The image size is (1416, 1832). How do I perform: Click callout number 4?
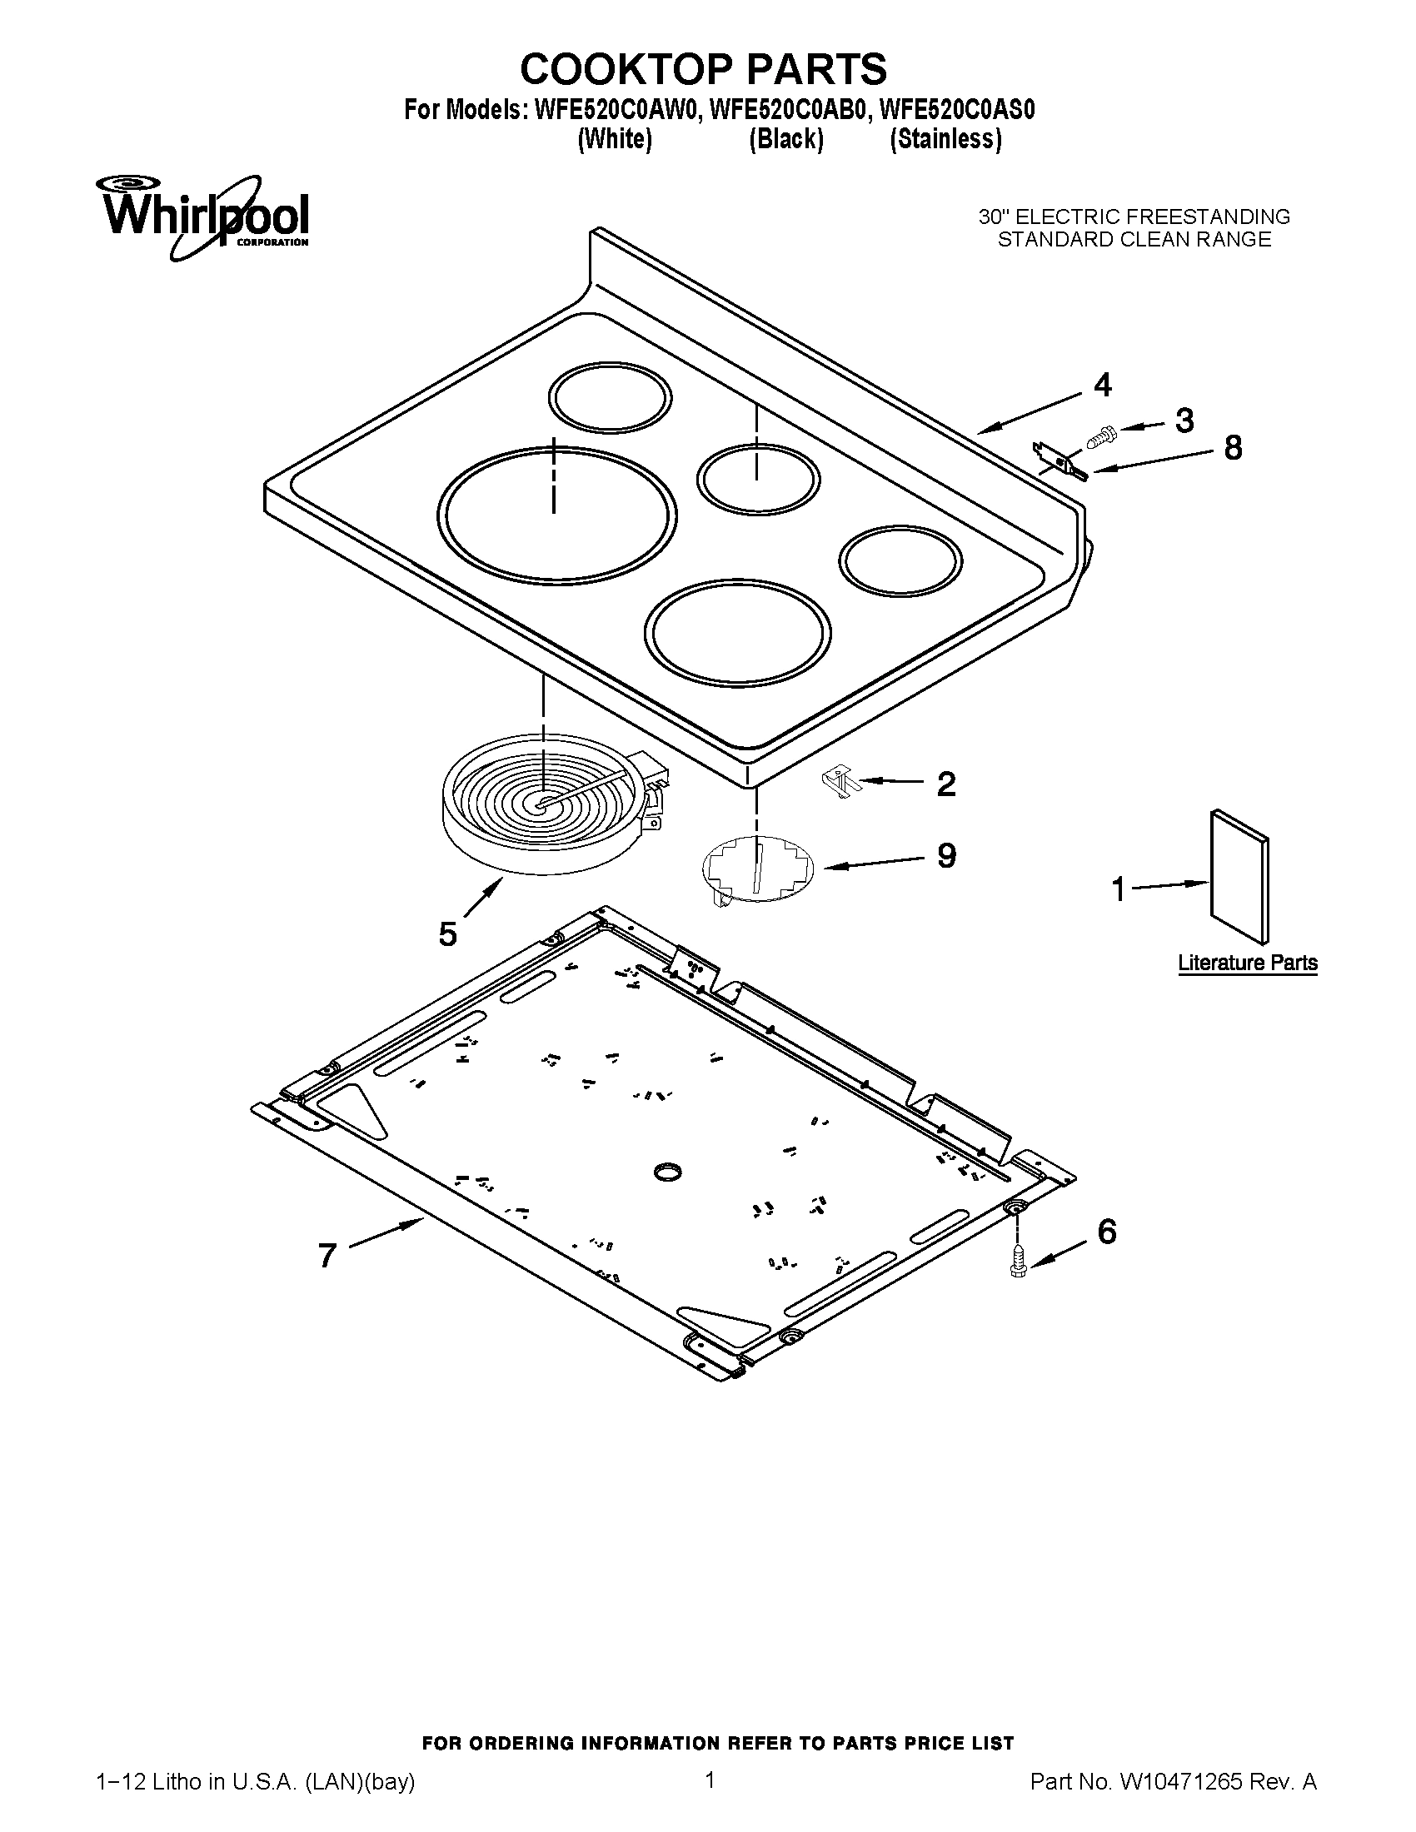1102,385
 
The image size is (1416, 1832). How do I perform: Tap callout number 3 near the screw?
1184,421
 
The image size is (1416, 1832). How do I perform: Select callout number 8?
1232,448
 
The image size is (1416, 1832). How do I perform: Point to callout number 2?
945,784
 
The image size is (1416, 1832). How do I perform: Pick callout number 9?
945,855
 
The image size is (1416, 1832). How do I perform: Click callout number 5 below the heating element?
448,933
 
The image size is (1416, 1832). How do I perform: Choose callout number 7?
327,1256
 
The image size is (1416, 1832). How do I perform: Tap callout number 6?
1106,1232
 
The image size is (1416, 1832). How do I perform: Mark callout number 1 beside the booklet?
1117,889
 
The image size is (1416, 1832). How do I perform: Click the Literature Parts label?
1248,963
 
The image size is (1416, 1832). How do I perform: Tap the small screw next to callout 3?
1099,435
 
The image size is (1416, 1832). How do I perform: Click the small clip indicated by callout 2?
839,783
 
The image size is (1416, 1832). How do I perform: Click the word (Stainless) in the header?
945,139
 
